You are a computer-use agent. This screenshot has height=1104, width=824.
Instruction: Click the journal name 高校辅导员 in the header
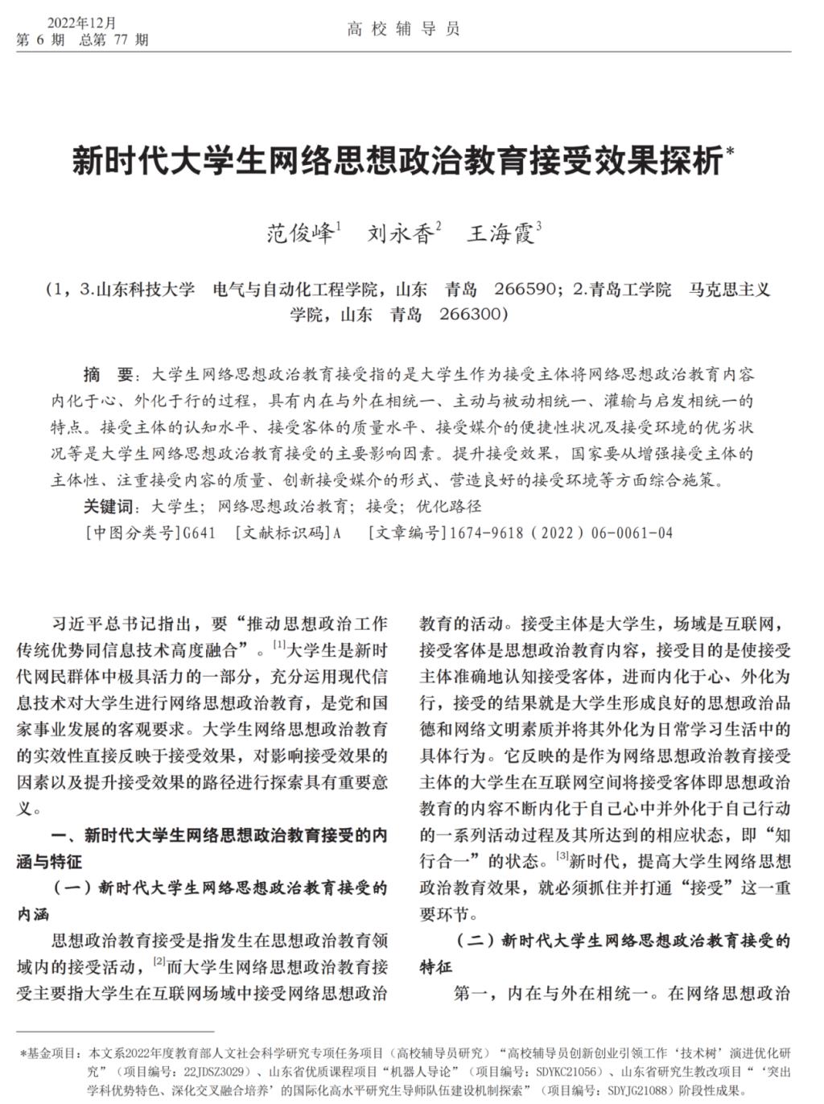(403, 31)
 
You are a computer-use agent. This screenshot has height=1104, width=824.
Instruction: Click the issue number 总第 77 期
(114, 39)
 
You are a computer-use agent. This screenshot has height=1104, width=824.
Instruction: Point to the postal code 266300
(472, 314)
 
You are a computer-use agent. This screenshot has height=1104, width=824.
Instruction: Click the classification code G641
(200, 533)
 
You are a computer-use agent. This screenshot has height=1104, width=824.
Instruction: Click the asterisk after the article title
(730, 150)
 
